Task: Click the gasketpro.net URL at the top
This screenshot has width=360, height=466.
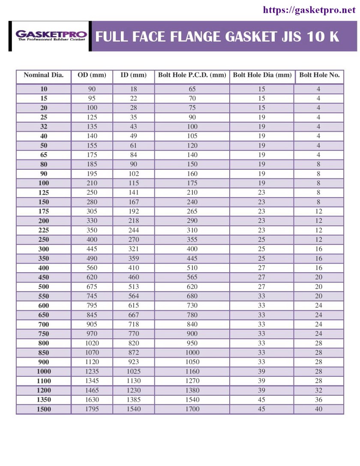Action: tap(309, 9)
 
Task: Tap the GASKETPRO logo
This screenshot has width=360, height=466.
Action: tap(51, 36)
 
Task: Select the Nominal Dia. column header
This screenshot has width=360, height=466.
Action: tap(44, 75)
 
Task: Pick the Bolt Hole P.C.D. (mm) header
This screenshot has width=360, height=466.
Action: tap(192, 75)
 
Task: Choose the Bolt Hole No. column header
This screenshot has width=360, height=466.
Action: tap(319, 75)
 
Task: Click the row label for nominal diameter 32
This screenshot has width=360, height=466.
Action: tap(44, 126)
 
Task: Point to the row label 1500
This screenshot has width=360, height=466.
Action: tap(44, 409)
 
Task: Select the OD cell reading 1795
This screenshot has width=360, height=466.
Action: tap(92, 409)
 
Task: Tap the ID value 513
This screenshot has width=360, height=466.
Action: tap(134, 286)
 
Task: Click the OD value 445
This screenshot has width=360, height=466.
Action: tap(92, 249)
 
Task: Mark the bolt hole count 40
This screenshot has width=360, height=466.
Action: tap(318, 409)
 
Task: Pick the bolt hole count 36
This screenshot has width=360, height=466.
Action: tap(318, 400)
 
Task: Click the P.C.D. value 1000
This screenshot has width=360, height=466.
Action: tap(192, 352)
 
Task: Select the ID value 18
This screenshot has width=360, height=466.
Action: tap(134, 89)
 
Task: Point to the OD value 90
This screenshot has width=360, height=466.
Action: tap(92, 89)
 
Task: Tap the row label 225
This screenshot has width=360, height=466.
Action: tap(44, 230)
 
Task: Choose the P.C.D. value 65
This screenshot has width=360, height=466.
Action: tap(192, 89)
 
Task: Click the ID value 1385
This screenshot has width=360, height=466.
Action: tap(134, 400)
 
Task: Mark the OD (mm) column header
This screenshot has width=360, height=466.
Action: tap(92, 75)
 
